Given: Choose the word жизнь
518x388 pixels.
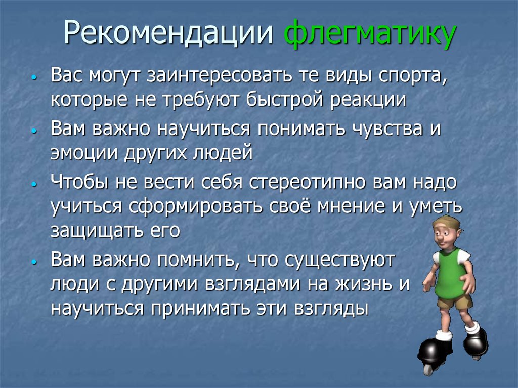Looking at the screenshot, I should [x=361, y=284].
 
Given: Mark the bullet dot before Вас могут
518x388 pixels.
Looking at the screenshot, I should [x=33, y=79].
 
